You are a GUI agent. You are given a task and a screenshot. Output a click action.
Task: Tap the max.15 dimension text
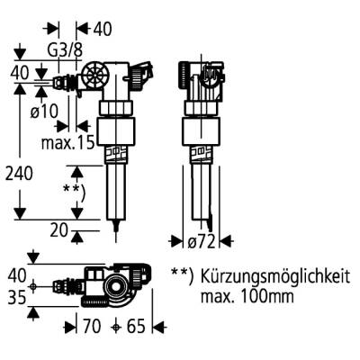pos(68,142)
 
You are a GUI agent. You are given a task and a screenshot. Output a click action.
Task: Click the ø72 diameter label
pos(202,240)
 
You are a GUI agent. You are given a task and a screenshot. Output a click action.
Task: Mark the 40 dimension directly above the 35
pos(18,273)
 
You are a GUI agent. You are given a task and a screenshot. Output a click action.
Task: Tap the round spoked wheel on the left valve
pos(94,77)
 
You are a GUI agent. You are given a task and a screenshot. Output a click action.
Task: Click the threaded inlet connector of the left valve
pos(64,85)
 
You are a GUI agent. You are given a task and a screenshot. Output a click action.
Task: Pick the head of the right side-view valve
pos(200,78)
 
